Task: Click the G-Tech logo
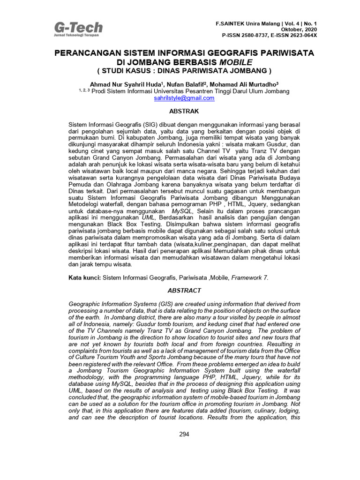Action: coord(78,28)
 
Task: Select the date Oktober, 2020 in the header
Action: coord(301,29)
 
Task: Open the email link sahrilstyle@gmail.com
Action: coord(184,98)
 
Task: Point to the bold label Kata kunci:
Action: coord(84,277)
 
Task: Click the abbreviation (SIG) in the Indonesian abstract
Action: coord(152,126)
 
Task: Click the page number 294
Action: coord(184,434)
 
